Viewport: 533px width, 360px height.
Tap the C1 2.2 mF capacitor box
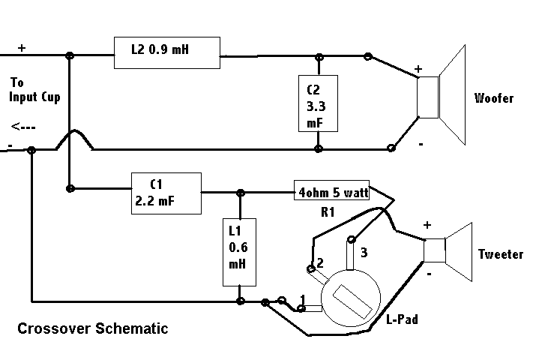166,193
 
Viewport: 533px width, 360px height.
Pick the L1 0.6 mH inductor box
240,251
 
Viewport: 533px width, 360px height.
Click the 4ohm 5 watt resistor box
333,193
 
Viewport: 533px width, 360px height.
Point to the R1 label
327,212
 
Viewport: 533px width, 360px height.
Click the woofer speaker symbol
442,97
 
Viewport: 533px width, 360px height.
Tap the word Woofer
494,98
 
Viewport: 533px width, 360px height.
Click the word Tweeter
500,254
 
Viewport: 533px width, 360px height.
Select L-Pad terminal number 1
302,298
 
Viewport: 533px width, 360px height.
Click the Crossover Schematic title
92,328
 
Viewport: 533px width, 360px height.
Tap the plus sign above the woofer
418,69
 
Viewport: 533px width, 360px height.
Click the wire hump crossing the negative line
77,138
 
